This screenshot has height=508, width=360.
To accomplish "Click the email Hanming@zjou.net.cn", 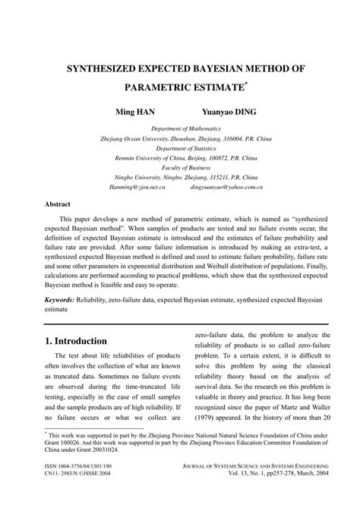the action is click(x=117, y=187).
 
